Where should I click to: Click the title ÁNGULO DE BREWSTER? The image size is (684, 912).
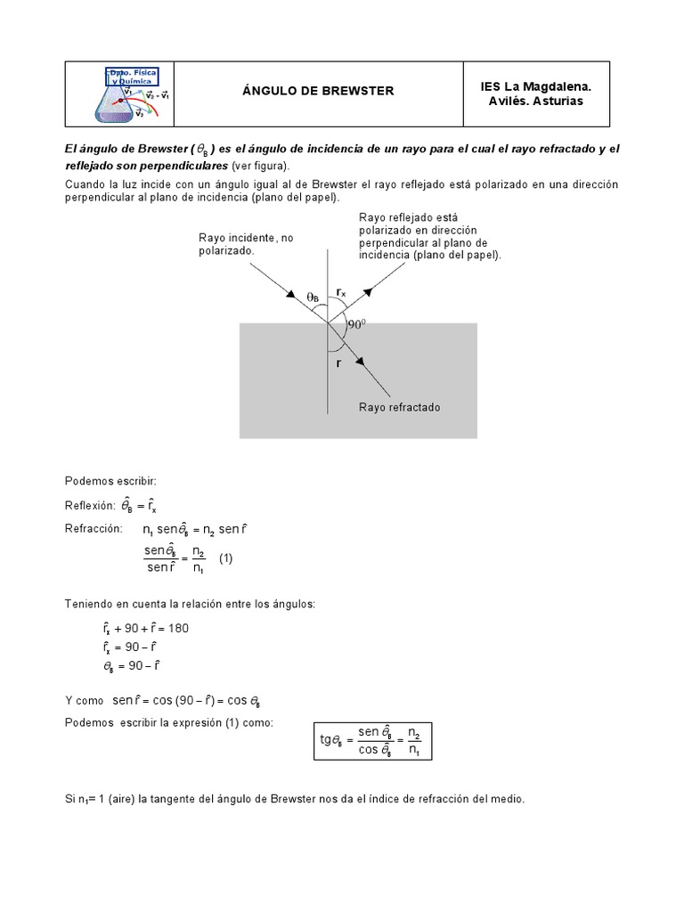coord(318,91)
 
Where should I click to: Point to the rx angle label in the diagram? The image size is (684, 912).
coord(342,291)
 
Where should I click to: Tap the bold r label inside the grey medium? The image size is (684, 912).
coord(338,363)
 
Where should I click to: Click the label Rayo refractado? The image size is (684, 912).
coord(399,407)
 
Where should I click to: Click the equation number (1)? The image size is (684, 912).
coord(225,558)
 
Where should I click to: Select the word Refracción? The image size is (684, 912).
coord(93,528)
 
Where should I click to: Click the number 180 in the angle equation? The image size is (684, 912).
coord(177,628)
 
